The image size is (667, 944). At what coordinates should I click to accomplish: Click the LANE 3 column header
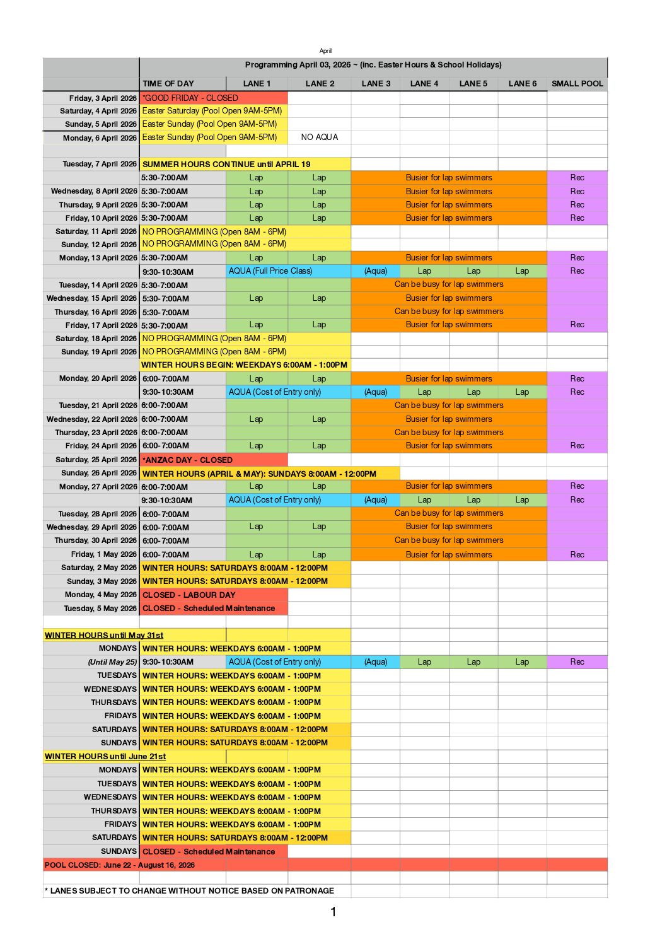point(376,83)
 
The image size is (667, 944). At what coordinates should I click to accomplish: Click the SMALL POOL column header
point(577,83)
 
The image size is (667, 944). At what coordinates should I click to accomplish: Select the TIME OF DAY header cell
point(168,83)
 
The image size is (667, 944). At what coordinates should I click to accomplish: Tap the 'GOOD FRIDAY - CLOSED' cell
point(190,98)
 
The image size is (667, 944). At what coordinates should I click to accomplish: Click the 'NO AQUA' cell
point(319,137)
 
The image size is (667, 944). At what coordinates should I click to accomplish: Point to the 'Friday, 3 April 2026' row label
point(102,98)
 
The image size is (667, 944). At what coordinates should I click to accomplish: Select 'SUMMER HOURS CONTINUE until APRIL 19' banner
point(226,164)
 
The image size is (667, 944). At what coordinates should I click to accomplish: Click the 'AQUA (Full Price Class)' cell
point(270,271)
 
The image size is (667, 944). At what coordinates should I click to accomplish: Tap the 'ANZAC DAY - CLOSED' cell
point(187,460)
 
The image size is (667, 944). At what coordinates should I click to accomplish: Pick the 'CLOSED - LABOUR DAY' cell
point(188,595)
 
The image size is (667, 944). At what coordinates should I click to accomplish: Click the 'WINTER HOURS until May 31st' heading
point(104,635)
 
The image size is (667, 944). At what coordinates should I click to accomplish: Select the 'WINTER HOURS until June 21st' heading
point(105,756)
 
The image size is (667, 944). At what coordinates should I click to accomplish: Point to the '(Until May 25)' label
point(112,662)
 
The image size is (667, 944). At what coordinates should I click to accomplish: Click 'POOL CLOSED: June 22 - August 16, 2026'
point(120,865)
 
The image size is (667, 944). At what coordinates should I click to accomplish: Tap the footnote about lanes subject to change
point(189,890)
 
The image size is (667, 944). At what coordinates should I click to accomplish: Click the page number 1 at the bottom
point(333,912)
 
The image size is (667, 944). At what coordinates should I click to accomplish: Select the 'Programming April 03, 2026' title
point(373,64)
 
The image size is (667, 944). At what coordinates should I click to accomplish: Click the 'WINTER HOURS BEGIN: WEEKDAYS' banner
point(244,364)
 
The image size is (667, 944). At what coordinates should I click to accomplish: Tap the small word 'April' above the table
point(325,50)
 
